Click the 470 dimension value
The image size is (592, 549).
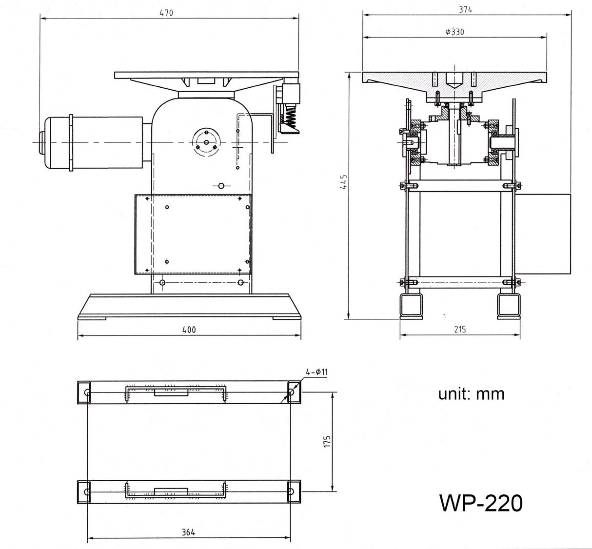pos(166,13)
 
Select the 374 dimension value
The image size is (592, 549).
pos(465,9)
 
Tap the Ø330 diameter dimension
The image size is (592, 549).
pos(454,32)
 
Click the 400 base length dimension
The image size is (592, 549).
pos(189,330)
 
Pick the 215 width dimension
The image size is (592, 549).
pos(460,329)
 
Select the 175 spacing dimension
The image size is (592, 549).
pos(327,441)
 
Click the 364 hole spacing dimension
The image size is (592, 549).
pos(188,532)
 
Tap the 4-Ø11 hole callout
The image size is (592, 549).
pos(317,372)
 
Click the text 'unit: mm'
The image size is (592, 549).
pos(471,393)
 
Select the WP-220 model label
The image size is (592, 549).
pos(481,503)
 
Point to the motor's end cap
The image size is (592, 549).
pos(41,142)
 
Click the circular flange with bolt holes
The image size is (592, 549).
pos(207,142)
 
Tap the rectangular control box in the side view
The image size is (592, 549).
pos(193,234)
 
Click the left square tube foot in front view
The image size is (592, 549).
pos(411,306)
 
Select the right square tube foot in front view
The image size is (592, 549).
pos(509,306)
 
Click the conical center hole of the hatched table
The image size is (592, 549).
pos(453,80)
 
